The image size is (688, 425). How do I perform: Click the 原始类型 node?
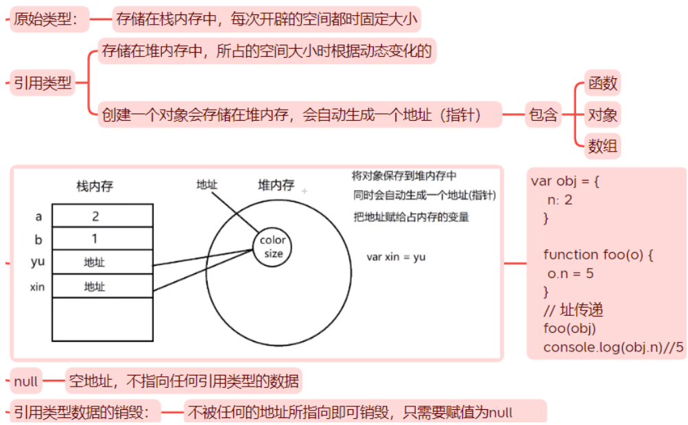pos(50,20)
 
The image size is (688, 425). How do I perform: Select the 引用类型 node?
pos(42,84)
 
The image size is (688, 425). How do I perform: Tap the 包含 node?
pos(543,115)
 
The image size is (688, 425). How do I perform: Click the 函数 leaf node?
pos(602,84)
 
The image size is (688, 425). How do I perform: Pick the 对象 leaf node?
pos(602,115)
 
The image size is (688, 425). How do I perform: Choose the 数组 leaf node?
pos(602,146)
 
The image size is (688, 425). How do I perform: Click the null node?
pos(26,380)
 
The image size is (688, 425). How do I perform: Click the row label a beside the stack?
pos(38,216)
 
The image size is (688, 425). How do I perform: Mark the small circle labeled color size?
pos(274,247)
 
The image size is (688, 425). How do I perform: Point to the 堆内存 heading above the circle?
pos(276,185)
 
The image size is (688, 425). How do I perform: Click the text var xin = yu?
pos(396,257)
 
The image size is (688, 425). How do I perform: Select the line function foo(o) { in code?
pos(598,255)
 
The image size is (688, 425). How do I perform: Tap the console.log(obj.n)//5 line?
pos(613,347)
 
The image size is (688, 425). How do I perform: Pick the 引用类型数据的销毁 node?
pos(86,412)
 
